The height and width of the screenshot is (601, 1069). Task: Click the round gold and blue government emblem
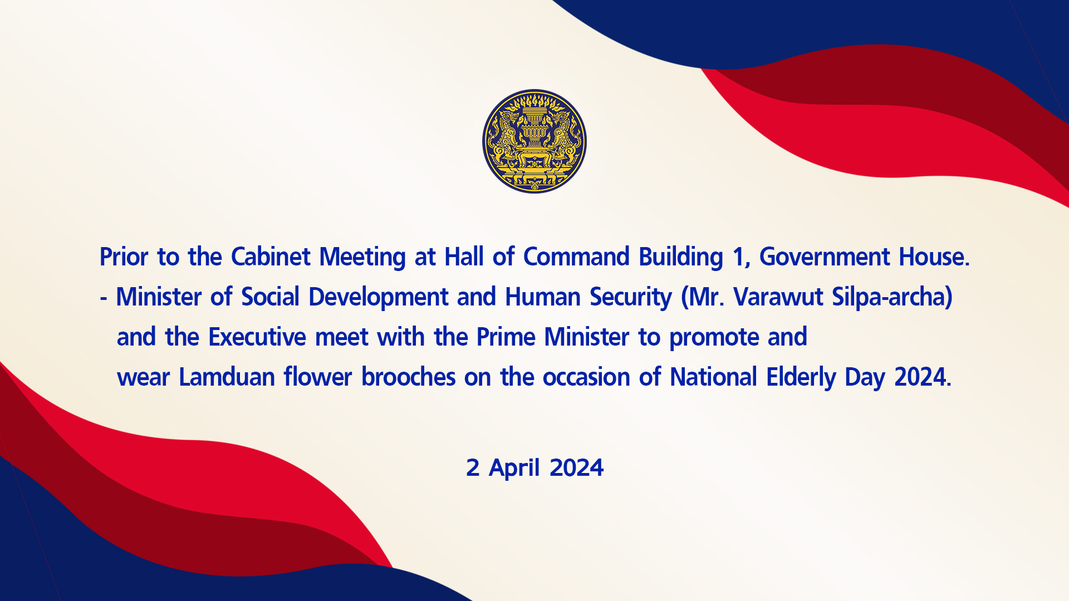click(534, 141)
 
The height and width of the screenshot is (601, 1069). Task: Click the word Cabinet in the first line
click(271, 257)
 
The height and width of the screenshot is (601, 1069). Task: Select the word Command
click(576, 257)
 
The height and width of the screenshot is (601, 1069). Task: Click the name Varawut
click(778, 297)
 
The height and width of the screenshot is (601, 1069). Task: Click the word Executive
click(257, 337)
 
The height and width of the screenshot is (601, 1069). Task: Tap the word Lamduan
click(227, 377)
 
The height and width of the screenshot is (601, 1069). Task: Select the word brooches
click(408, 377)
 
